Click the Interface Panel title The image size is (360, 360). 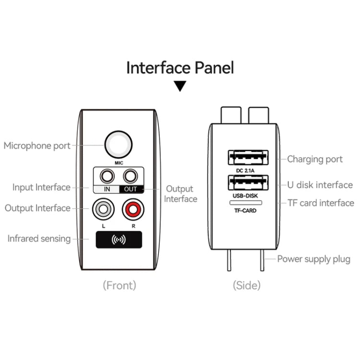click(x=180, y=68)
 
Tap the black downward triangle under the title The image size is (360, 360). click(x=180, y=86)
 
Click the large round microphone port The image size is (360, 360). click(x=119, y=144)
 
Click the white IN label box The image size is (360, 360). click(x=107, y=189)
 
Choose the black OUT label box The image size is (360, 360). click(x=131, y=189)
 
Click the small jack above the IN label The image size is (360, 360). click(x=107, y=176)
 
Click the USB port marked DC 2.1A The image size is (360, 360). click(x=248, y=157)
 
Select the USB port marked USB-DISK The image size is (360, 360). click(x=248, y=183)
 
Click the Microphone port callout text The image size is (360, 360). click(x=37, y=145)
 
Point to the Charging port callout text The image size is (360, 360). click(x=315, y=159)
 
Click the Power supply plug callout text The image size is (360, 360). click(x=314, y=259)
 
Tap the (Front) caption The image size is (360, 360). click(x=120, y=285)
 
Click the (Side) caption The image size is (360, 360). click(x=247, y=285)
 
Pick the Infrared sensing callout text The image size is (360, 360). click(x=39, y=239)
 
